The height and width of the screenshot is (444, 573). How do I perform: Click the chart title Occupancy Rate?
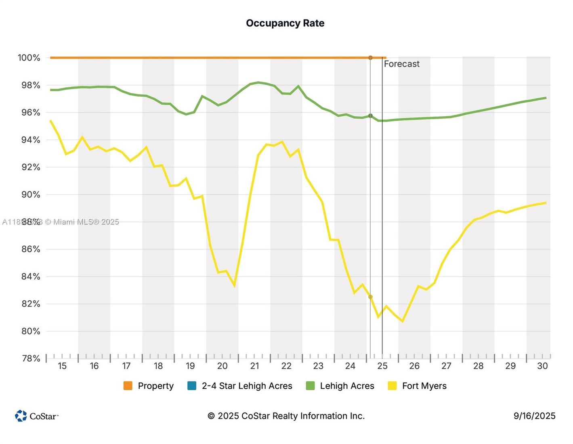tap(285, 23)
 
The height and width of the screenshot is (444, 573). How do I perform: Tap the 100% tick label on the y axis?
tap(29, 58)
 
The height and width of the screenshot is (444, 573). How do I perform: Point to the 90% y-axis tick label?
tap(31, 195)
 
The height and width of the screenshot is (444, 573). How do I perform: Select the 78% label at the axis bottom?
tap(31, 358)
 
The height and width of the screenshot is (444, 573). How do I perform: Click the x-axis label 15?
tap(62, 366)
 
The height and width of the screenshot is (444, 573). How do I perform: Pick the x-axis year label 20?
tap(222, 366)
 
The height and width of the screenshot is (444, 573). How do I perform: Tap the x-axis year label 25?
tap(382, 366)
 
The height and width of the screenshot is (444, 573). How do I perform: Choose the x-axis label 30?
tap(542, 366)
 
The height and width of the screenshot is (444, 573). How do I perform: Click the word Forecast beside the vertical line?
tap(401, 64)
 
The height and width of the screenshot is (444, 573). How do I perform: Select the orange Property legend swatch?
tap(128, 386)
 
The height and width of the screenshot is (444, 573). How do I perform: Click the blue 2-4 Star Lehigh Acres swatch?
tap(192, 386)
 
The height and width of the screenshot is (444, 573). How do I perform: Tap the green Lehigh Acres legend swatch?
tap(310, 386)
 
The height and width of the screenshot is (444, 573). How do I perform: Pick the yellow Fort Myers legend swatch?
tap(392, 386)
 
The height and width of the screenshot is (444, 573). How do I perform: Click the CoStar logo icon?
tap(21, 416)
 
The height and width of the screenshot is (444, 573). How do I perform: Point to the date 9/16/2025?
tap(534, 416)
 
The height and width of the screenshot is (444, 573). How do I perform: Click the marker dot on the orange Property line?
tap(370, 58)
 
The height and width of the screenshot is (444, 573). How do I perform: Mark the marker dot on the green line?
tap(370, 116)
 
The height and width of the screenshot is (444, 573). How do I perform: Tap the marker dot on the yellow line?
tap(370, 297)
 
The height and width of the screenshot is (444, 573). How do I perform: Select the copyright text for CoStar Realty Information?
tap(286, 416)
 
